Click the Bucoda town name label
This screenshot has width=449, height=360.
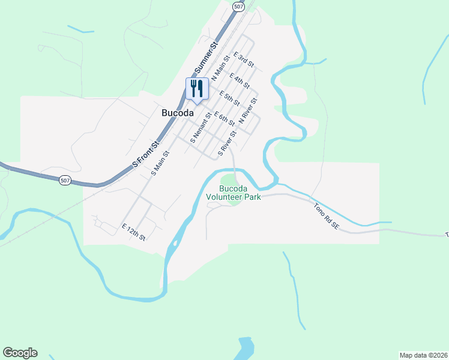point(177,113)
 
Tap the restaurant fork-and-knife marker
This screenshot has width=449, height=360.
point(197,89)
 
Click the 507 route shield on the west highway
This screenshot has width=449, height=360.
point(65,180)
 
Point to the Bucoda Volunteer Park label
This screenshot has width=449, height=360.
point(233,192)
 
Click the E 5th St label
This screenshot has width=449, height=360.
point(230,98)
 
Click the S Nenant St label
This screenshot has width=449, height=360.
point(200,128)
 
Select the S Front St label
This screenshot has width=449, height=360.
point(146,155)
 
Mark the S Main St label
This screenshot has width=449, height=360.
point(160,162)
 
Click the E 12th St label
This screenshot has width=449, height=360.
point(133,232)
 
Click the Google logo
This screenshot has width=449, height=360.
point(20,353)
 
